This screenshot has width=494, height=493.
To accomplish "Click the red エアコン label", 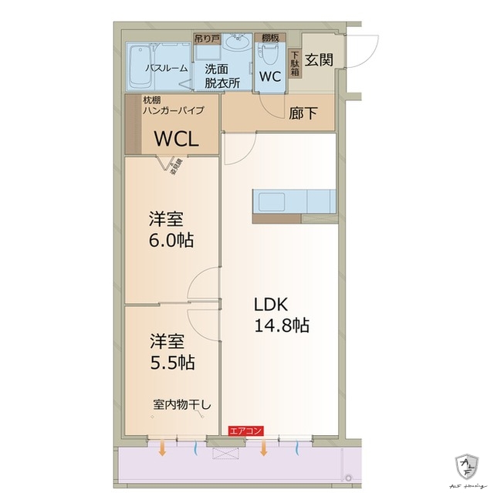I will pos(246,431).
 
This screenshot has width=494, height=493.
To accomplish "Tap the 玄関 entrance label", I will pos(318,59).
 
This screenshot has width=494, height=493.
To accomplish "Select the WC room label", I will pos(270,77).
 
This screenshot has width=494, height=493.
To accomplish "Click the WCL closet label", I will pos(177,139).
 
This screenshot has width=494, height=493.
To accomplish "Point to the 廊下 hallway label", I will pos(302,113).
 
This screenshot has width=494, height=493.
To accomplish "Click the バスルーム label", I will pos(165,68).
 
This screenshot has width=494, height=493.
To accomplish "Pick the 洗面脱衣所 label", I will pos(222,75).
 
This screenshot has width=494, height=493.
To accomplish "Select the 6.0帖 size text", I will pos(171,241).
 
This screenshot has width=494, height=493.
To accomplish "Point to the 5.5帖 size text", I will pos(171,361).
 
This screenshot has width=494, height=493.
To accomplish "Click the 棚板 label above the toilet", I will pos(270,37).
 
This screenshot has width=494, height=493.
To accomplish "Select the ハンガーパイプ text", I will pos(174,110).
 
